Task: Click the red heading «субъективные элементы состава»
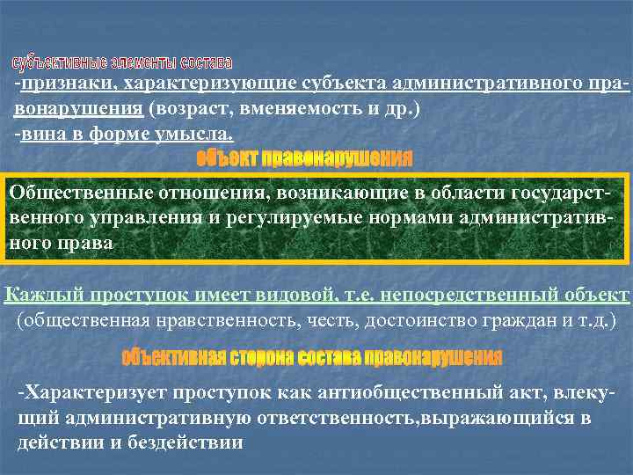(122, 63)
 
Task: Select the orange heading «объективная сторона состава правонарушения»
(312, 358)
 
